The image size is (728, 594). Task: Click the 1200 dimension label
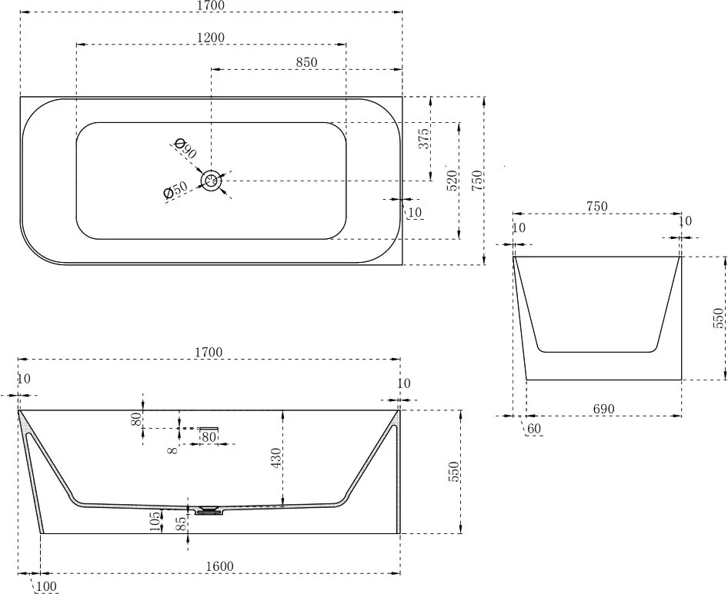[x=211, y=37]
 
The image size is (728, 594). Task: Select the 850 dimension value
[x=306, y=62]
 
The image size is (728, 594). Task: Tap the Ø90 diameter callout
[x=185, y=148]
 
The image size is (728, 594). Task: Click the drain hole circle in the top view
[x=212, y=181]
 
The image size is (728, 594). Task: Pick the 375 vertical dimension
[x=424, y=138]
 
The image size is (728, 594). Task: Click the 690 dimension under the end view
[x=603, y=409]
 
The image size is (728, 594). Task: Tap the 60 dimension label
[x=534, y=429]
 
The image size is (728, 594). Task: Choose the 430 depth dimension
[x=276, y=458]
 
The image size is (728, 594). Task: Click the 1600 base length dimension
[x=219, y=566]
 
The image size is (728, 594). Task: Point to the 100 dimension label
[x=46, y=586]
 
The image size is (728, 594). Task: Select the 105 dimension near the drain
[x=156, y=520]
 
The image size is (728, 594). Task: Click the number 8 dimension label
[x=172, y=450]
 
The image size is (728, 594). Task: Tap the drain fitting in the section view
[x=209, y=510]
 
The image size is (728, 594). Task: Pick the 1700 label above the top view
[x=212, y=5]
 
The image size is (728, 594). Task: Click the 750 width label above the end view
[x=596, y=207]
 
